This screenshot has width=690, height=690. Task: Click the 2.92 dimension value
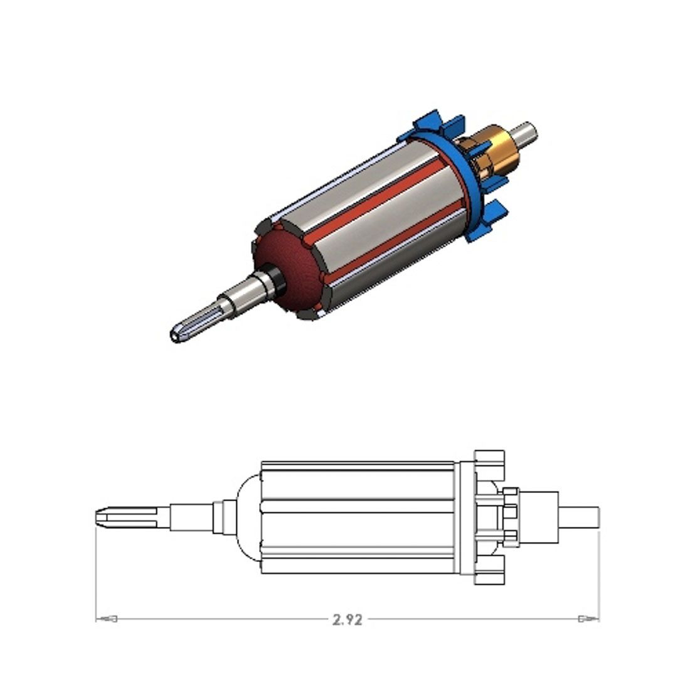[x=348, y=620]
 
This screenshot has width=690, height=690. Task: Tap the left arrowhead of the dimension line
[x=107, y=619]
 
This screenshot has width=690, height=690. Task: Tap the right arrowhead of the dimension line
[x=588, y=619]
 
